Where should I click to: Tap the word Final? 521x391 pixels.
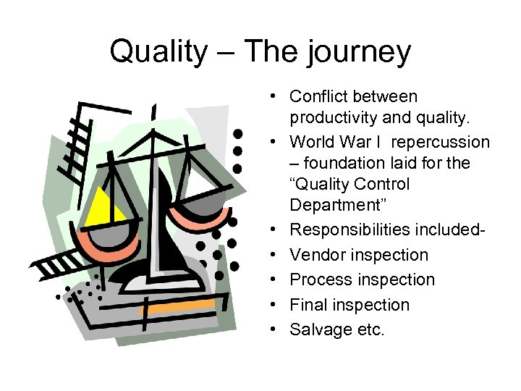point(308,305)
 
